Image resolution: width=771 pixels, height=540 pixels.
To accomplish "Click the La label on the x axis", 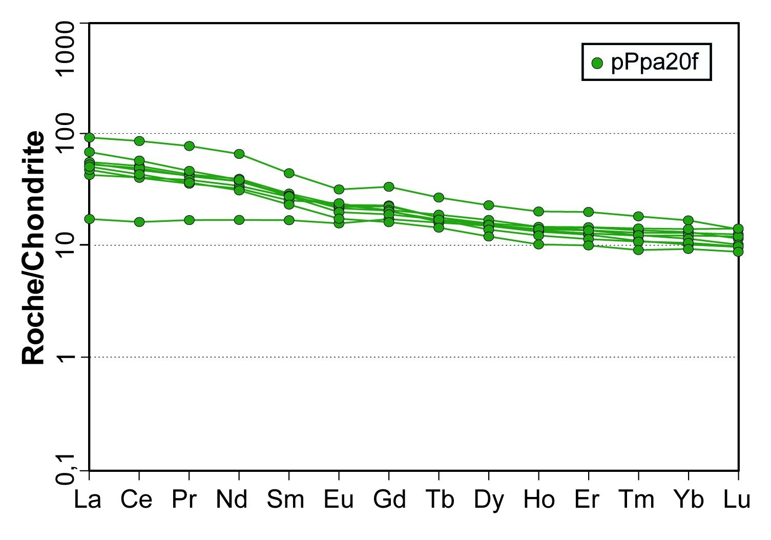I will click(88, 500).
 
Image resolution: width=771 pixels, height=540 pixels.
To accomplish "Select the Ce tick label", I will click(136, 500).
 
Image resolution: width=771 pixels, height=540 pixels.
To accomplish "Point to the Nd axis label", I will click(232, 500).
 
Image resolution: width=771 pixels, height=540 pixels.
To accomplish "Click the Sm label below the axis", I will click(285, 500).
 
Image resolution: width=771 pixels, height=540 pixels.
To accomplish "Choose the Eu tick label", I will click(339, 500).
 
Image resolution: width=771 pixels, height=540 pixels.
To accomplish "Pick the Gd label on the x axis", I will click(389, 500).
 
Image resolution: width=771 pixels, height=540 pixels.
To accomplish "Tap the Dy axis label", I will click(489, 500).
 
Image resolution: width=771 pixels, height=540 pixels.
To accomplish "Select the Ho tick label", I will click(539, 500).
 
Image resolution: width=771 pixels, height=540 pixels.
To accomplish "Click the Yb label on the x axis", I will click(689, 500).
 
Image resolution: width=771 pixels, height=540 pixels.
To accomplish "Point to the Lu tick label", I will click(737, 500).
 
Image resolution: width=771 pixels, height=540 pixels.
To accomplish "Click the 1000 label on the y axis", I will click(67, 49).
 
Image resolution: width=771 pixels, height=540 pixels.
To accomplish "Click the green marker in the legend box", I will click(597, 63).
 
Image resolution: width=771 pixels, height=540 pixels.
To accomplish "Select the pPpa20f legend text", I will click(654, 63).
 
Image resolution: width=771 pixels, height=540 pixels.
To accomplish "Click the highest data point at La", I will click(90, 137).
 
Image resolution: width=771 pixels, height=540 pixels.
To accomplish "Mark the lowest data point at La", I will click(90, 219).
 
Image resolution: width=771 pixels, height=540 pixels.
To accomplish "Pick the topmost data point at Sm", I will click(289, 173).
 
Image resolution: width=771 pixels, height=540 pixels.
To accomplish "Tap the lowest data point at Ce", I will click(139, 222).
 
